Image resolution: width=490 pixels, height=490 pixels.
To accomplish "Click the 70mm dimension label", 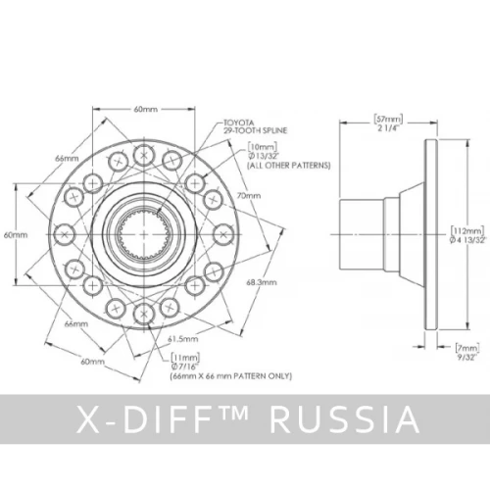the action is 249,196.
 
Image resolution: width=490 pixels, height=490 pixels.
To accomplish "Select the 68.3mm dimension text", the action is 262,282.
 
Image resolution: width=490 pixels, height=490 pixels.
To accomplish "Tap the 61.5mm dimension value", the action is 183,339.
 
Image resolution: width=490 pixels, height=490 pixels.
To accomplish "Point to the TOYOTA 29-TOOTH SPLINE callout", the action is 255,126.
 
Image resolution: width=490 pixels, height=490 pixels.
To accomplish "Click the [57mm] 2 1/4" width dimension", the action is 388,122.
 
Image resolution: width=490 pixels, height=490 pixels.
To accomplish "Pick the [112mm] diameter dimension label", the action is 467,235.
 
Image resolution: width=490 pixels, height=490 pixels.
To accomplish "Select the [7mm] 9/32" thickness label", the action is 467,352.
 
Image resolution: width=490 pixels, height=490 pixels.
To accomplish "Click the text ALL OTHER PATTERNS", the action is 289,166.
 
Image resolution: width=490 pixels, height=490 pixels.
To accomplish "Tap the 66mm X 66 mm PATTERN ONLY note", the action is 231,376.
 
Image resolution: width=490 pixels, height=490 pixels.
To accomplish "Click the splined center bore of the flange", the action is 144,234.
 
